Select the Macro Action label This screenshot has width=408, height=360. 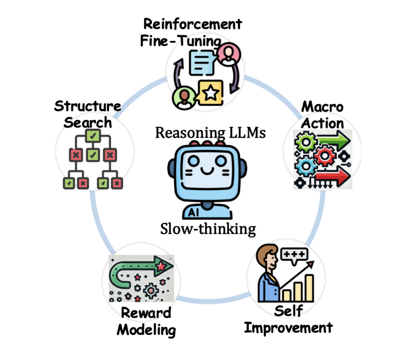(x=322, y=115)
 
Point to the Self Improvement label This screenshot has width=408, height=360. (x=288, y=319)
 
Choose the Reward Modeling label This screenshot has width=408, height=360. (x=146, y=321)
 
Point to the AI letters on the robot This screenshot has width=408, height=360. (x=194, y=212)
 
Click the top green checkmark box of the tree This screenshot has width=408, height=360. (x=93, y=135)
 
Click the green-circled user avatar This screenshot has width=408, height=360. (x=182, y=96)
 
